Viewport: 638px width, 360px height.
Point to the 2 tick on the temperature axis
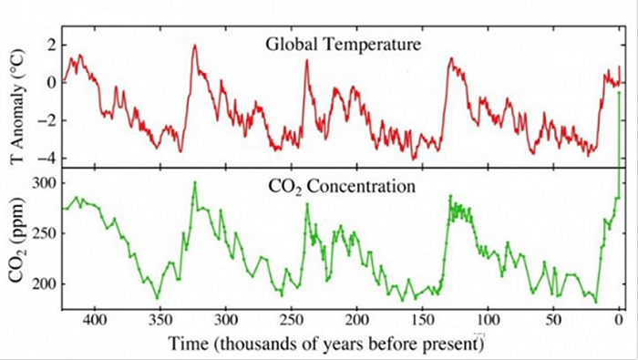[x=52, y=45]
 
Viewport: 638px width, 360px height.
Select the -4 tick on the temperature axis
[x=48, y=158]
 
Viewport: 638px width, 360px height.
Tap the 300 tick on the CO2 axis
[x=45, y=183]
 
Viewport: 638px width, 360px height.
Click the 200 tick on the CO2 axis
[x=45, y=283]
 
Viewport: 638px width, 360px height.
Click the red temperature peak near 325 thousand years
[x=194, y=45]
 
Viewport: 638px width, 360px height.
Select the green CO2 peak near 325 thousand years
[x=194, y=182]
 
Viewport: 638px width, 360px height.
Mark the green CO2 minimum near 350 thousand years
[x=157, y=297]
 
